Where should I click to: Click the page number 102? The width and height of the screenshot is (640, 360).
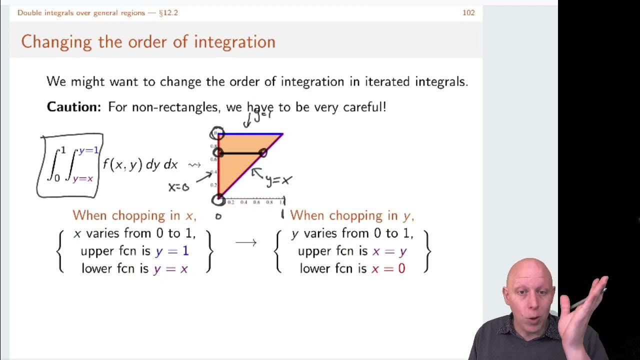468,12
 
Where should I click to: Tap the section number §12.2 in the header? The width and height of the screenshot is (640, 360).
168,12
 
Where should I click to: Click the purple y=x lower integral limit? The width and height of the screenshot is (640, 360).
83,178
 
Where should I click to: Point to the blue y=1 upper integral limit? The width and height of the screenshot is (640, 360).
89,150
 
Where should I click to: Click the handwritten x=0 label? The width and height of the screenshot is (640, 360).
178,187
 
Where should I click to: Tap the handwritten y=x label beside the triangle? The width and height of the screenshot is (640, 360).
278,180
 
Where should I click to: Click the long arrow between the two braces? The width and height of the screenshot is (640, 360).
245,242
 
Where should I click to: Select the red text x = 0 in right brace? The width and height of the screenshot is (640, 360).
388,268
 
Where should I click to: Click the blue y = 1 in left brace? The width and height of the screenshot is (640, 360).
171,251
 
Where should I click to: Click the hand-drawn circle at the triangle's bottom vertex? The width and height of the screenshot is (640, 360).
218,199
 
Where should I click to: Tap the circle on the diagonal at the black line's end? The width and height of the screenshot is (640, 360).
263,153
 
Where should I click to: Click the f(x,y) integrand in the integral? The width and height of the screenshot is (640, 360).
122,164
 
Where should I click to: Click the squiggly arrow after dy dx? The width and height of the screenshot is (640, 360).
194,164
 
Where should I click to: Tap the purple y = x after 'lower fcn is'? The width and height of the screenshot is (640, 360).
170,268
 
